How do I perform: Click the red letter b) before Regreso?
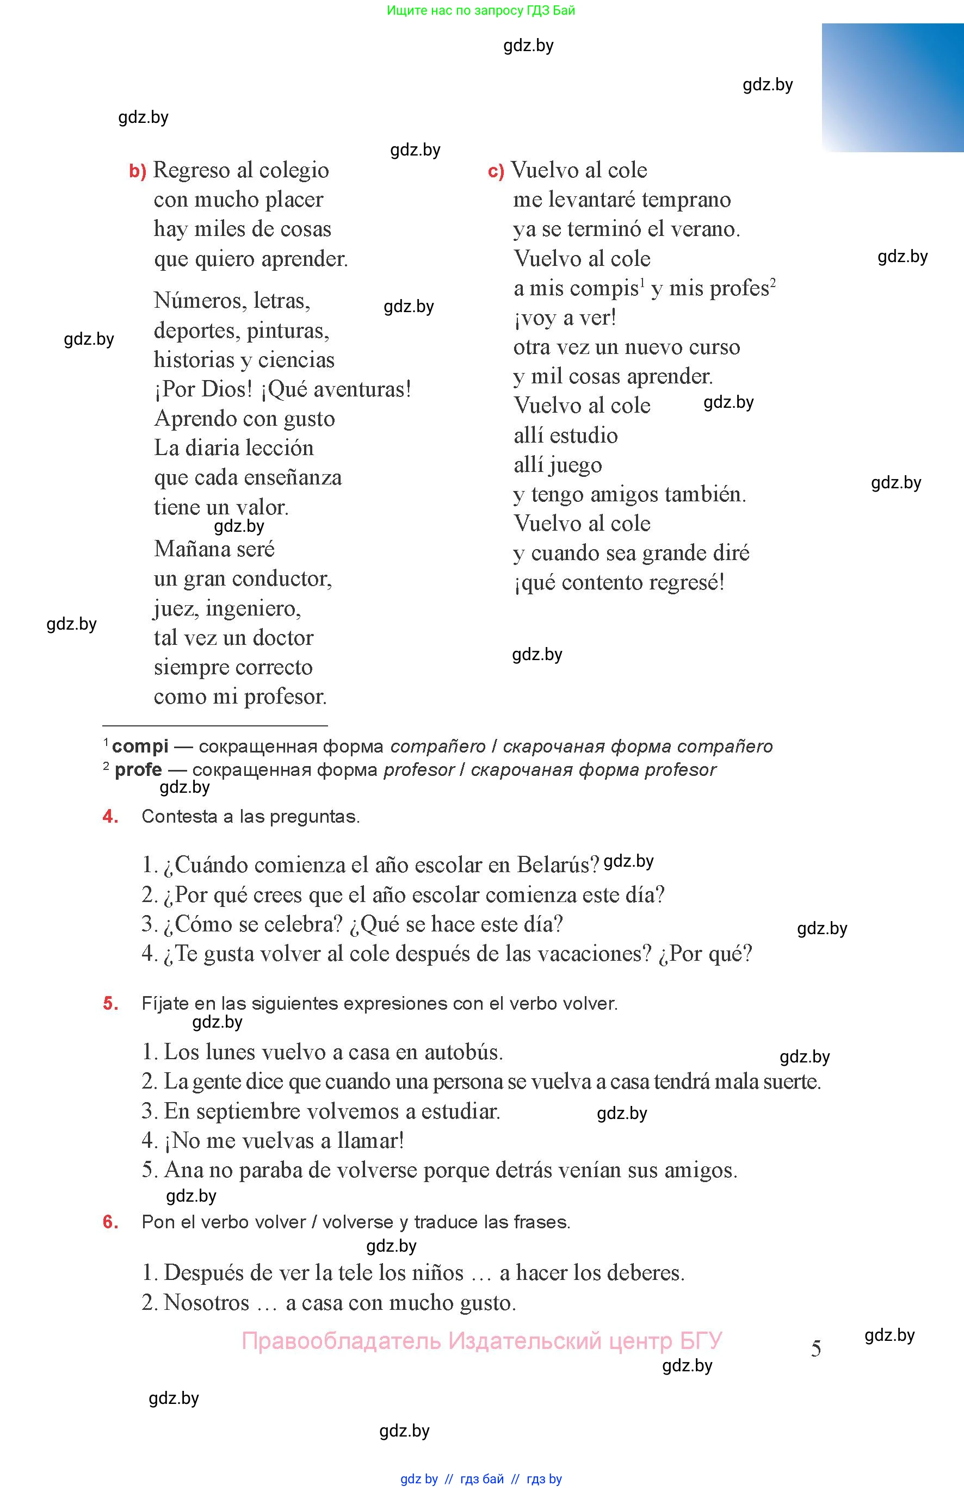pos(137,171)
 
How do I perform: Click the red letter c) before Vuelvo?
pos(496,171)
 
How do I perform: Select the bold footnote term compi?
pos(140,747)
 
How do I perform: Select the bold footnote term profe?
pos(138,769)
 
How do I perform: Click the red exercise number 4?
pos(110,816)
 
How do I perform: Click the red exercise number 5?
pos(110,1003)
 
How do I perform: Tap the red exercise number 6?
pos(110,1222)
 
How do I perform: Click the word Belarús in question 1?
pos(558,865)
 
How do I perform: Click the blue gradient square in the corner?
pos(893,88)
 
